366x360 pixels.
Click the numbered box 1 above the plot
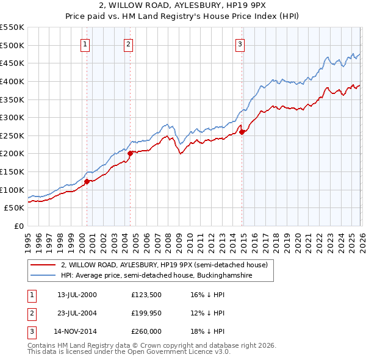(x=85, y=43)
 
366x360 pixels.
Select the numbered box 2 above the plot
(x=129, y=43)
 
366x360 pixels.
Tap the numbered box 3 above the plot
(x=240, y=43)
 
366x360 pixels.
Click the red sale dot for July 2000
(x=87, y=181)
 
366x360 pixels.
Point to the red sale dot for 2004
(x=130, y=154)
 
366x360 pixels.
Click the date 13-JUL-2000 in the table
(x=77, y=295)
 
